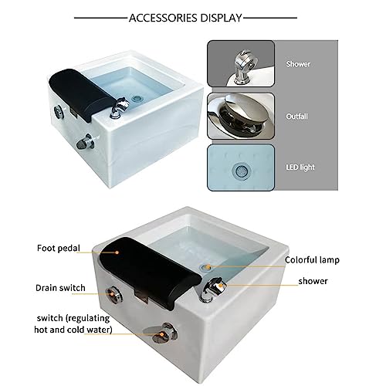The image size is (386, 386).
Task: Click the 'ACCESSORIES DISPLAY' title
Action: click(185, 18)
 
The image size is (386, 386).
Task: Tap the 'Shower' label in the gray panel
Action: click(298, 64)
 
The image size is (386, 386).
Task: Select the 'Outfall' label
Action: click(296, 117)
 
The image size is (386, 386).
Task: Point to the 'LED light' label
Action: click(300, 168)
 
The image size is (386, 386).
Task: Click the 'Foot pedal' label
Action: click(59, 248)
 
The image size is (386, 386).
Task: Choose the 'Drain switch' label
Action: click(60, 288)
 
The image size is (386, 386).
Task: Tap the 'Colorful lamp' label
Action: click(312, 260)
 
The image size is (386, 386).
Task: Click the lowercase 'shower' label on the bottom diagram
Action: click(313, 281)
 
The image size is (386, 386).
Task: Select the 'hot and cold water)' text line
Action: click(73, 330)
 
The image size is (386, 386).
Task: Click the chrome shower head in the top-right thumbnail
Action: click(245, 66)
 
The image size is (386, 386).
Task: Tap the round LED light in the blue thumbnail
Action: click(241, 170)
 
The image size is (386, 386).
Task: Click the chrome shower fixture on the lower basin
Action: click(212, 288)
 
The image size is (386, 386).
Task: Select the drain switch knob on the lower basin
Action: click(114, 294)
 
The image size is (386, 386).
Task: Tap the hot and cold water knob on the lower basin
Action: click(164, 334)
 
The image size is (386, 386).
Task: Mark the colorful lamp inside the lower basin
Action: click(206, 267)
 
